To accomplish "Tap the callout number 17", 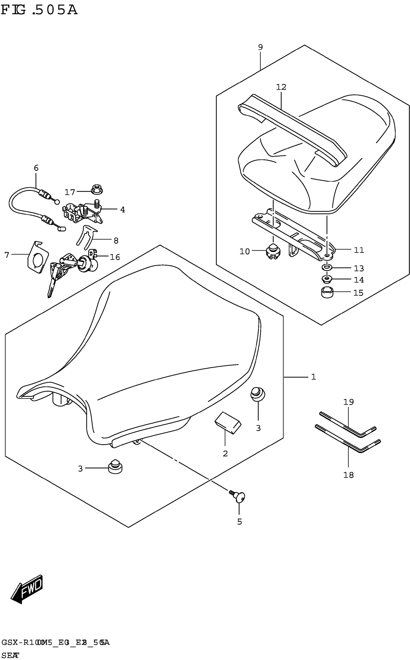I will coord(70,192).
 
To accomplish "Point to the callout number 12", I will coord(281,87).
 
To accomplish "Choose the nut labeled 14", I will coord(327,279).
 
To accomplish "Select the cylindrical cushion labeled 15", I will coord(327,293).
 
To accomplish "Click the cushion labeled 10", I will coord(273,251).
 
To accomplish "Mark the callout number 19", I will coord(349,402).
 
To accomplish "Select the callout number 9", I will coord(260,47).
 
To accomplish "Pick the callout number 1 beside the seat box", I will coord(314,377).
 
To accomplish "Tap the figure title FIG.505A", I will coord(39,10).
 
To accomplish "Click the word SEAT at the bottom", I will coord(10,655).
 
